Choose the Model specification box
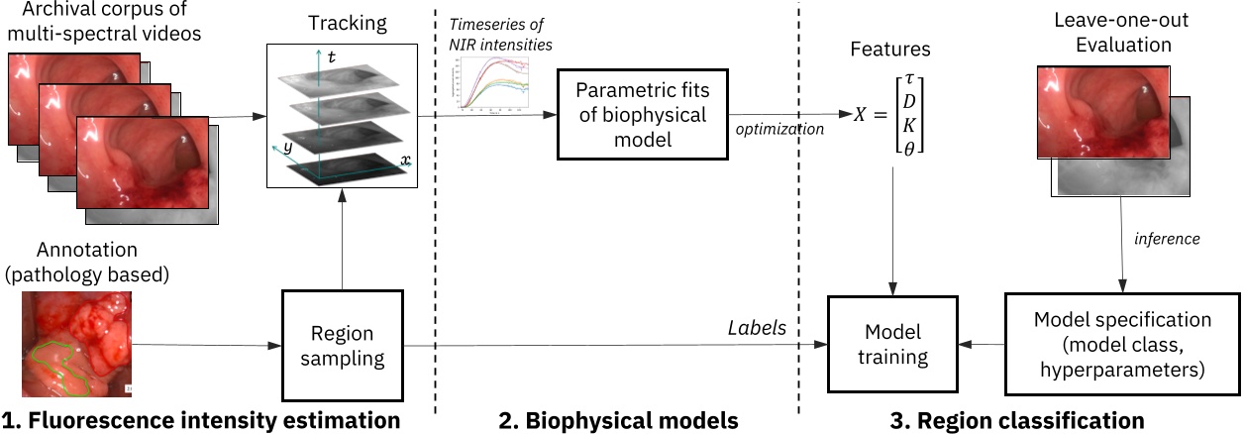click(1121, 346)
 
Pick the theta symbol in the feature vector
click(909, 150)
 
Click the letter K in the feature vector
click(909, 126)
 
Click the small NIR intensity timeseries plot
click(489, 81)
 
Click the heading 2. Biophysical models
click(618, 421)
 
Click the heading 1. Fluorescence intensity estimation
click(201, 421)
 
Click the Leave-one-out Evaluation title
click(1117, 34)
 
